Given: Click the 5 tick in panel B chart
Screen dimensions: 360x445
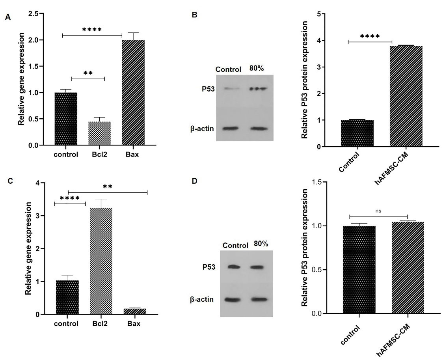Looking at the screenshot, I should click(x=323, y=14).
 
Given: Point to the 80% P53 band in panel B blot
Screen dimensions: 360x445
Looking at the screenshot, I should click(x=258, y=88).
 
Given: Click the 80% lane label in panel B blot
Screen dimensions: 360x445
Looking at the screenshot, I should click(x=257, y=68).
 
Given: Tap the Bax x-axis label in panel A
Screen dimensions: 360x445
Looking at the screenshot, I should click(x=133, y=154).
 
